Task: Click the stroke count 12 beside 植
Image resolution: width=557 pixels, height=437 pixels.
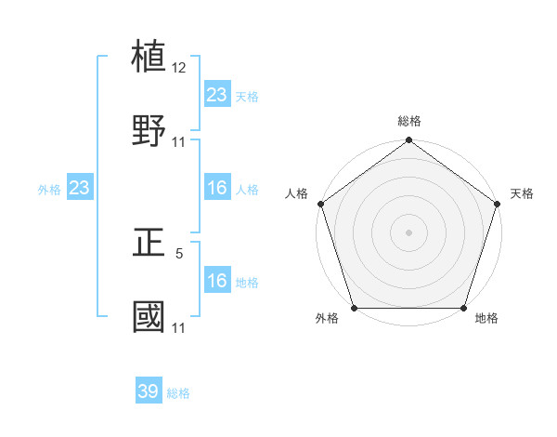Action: [x=179, y=68]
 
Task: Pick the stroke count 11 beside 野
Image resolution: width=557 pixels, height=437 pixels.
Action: [x=179, y=142]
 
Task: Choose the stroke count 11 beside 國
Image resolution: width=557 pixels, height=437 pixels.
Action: [x=179, y=327]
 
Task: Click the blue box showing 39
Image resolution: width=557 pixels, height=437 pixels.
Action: [x=149, y=391]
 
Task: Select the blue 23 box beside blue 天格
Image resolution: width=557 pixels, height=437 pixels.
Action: [x=216, y=94]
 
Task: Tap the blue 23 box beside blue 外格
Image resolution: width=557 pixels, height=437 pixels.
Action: [x=80, y=188]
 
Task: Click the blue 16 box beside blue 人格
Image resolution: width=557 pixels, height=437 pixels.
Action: [x=216, y=188]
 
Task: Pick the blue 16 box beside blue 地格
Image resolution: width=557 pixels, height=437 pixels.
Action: [x=216, y=281]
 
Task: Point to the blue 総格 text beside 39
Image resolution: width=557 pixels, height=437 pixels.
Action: [x=178, y=393]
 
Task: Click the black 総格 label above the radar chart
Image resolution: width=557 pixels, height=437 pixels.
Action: [x=409, y=121]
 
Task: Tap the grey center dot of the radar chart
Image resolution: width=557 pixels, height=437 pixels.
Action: [x=409, y=232]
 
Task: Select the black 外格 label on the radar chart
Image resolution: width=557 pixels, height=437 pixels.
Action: [x=327, y=319]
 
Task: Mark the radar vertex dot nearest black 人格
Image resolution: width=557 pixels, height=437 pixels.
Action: [x=320, y=204]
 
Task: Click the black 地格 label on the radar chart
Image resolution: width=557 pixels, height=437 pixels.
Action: [x=486, y=319]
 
